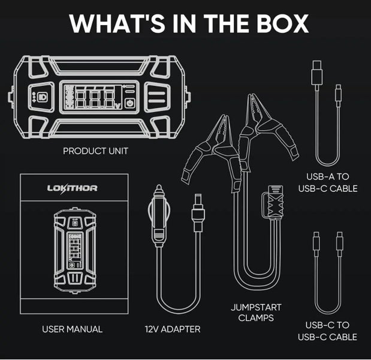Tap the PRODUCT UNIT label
click(x=95, y=151)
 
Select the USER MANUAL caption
click(x=72, y=329)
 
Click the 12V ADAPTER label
click(x=173, y=329)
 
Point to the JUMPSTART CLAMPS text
click(x=256, y=312)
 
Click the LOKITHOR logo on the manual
click(x=73, y=188)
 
